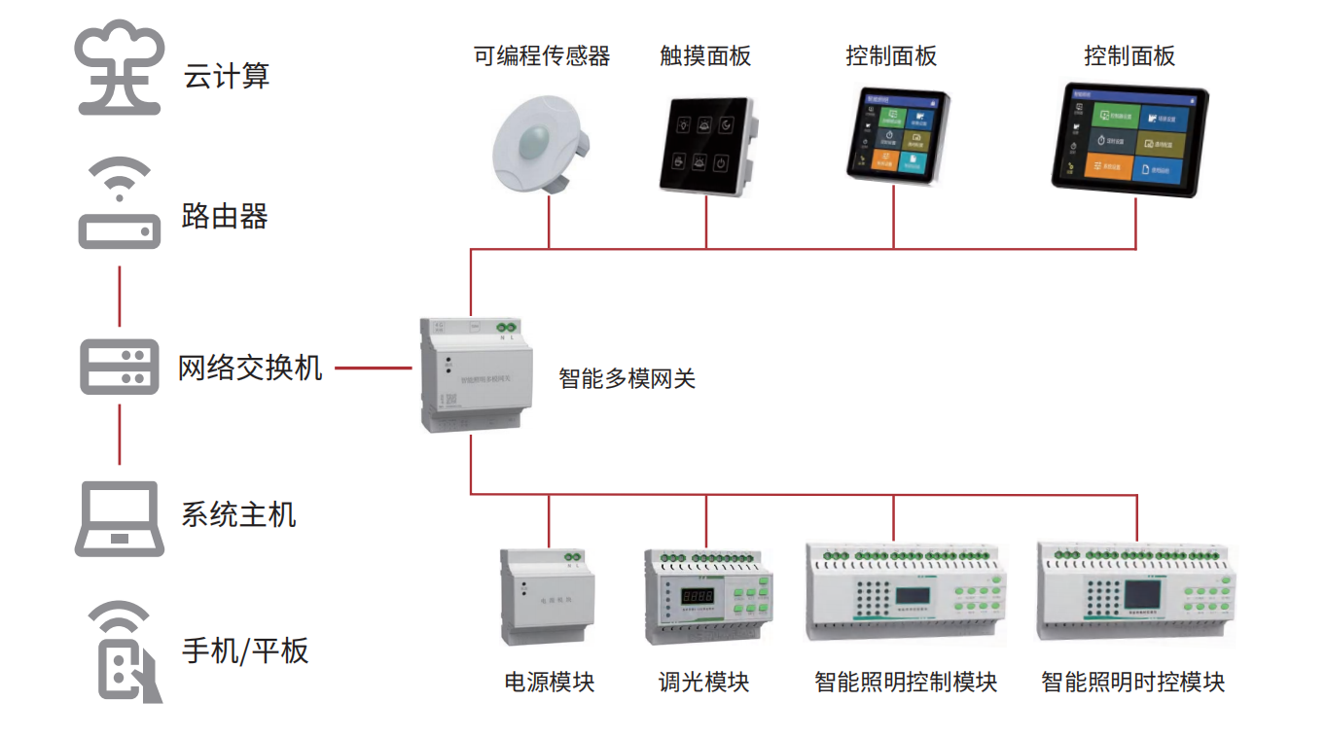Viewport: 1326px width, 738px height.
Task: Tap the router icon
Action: tap(119, 205)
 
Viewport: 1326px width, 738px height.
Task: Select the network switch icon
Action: tap(119, 368)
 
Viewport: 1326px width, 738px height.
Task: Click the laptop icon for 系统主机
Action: tap(119, 518)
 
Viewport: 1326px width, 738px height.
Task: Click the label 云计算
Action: tap(226, 76)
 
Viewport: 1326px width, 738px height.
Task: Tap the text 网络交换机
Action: tap(250, 369)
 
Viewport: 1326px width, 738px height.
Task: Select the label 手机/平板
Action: tap(245, 650)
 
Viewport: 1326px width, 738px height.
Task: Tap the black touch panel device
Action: tap(707, 143)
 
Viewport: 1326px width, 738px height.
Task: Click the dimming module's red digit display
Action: tap(697, 594)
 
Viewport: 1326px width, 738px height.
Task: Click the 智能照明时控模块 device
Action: tap(1135, 592)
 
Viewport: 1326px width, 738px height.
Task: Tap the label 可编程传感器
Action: tap(542, 56)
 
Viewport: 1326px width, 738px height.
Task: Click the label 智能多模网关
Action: tap(627, 378)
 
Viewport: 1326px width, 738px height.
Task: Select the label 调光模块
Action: tap(703, 682)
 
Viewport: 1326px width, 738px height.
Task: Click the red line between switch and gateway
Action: tap(374, 369)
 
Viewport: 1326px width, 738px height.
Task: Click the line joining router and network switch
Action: tap(120, 295)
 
